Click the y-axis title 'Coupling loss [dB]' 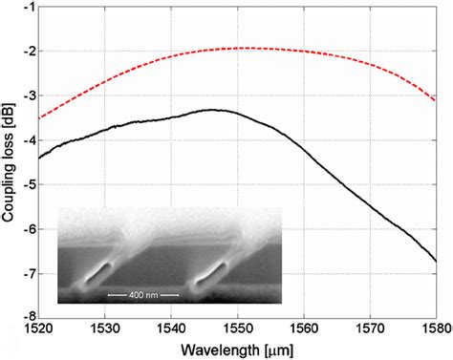tap(11, 159)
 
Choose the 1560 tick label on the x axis tap(303, 328)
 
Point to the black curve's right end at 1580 tap(436, 259)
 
